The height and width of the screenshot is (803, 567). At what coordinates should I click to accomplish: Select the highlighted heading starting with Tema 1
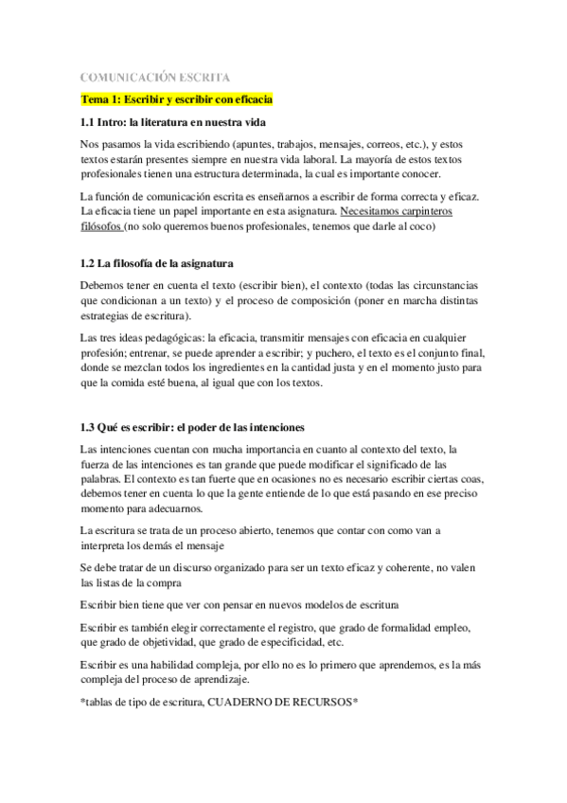177,98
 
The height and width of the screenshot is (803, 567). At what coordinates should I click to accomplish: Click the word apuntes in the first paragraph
244,145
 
